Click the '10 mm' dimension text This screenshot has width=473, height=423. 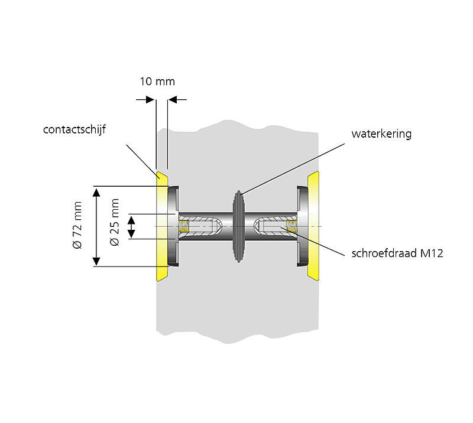pos(157,82)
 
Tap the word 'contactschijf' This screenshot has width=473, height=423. pos(74,129)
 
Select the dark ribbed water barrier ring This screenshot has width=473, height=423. pos(238,226)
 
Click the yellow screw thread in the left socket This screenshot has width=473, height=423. pos(185,226)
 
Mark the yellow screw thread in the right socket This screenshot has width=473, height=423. pos(290,226)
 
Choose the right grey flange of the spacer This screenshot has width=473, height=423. pos(302,226)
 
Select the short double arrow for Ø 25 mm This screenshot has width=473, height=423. pos(133,226)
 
